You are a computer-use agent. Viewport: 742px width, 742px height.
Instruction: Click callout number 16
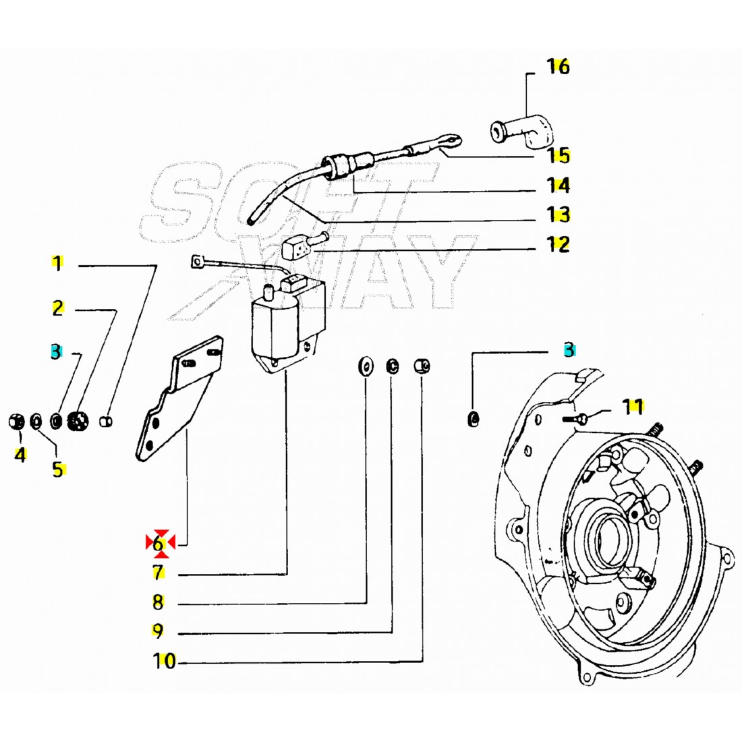(558, 67)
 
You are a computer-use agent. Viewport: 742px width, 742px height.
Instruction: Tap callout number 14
(559, 185)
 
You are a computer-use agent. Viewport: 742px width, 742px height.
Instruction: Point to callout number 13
(559, 215)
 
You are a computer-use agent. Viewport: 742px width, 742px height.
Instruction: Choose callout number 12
(559, 244)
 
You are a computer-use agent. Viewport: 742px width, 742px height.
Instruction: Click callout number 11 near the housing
(633, 407)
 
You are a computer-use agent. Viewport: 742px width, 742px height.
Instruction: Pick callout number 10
(164, 662)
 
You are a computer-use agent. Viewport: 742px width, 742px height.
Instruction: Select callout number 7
(158, 573)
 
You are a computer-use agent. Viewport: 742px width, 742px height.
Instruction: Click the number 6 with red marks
(160, 542)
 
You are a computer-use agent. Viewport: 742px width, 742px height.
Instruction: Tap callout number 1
(58, 264)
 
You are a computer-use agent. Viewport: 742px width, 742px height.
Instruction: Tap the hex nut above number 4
(17, 422)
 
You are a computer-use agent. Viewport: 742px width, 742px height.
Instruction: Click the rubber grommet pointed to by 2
(78, 422)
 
